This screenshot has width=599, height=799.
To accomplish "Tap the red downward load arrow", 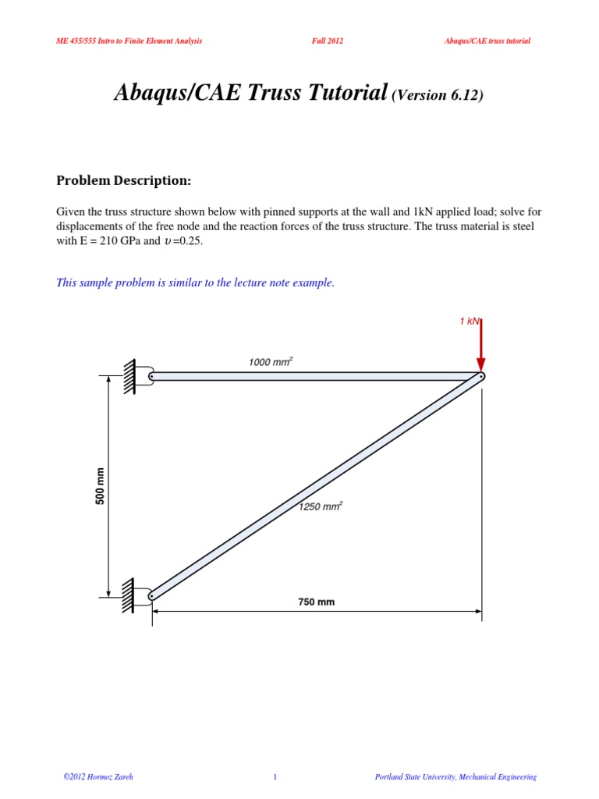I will [x=481, y=346].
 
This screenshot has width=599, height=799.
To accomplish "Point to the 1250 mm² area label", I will [x=321, y=506].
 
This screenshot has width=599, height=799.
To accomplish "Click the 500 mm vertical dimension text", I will [x=100, y=486].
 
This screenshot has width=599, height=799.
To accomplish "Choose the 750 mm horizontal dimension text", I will [x=316, y=602].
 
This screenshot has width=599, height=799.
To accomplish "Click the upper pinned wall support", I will [x=136, y=375].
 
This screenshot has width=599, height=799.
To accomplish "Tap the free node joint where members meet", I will [x=481, y=376].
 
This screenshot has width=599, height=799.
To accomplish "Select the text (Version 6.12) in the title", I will [x=437, y=95].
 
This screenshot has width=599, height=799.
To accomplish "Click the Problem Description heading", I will [x=123, y=181].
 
